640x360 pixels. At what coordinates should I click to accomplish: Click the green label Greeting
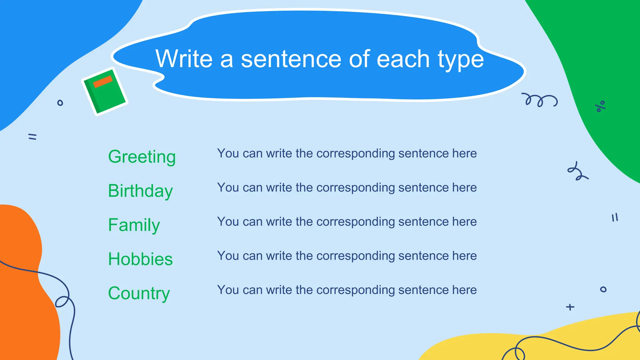(142, 157)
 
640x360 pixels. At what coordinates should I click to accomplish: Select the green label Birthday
(140, 191)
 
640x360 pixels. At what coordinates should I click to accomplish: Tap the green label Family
(134, 225)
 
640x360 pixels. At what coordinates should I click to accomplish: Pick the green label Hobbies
(140, 259)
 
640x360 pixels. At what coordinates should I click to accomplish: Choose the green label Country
(139, 293)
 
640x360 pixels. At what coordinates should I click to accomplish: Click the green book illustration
(105, 91)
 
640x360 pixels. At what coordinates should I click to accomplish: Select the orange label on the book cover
(103, 82)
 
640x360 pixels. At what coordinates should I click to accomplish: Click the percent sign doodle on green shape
(600, 106)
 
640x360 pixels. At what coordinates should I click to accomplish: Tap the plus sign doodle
(570, 307)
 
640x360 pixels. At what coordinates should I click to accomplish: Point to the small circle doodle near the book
(60, 103)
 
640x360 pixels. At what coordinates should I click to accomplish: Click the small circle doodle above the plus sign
(603, 289)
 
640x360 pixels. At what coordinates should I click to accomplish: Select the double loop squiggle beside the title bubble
(539, 100)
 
